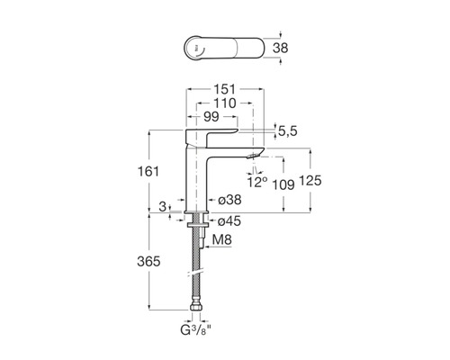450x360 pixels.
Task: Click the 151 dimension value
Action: click(x=225, y=89)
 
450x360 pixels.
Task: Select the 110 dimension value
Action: click(x=225, y=103)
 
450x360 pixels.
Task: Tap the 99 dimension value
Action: click(x=211, y=117)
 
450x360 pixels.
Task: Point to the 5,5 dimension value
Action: click(x=288, y=131)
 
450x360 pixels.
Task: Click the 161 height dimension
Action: click(x=148, y=172)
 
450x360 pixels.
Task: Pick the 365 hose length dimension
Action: click(x=148, y=262)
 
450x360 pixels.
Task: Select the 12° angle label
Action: click(x=257, y=182)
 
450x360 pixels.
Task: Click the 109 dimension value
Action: click(x=283, y=184)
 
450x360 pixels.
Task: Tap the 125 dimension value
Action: click(x=310, y=181)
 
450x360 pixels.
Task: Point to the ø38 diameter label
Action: click(x=229, y=200)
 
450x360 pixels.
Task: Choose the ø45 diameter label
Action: click(x=229, y=221)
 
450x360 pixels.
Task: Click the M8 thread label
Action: click(x=222, y=239)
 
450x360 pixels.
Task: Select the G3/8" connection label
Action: click(x=195, y=330)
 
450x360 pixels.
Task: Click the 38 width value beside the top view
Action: click(x=280, y=48)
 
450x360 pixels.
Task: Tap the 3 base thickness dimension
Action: click(x=162, y=206)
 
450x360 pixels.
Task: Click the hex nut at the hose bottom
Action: click(x=196, y=307)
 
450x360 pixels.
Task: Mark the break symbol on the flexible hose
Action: click(x=196, y=271)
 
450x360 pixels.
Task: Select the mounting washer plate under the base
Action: click(x=196, y=225)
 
